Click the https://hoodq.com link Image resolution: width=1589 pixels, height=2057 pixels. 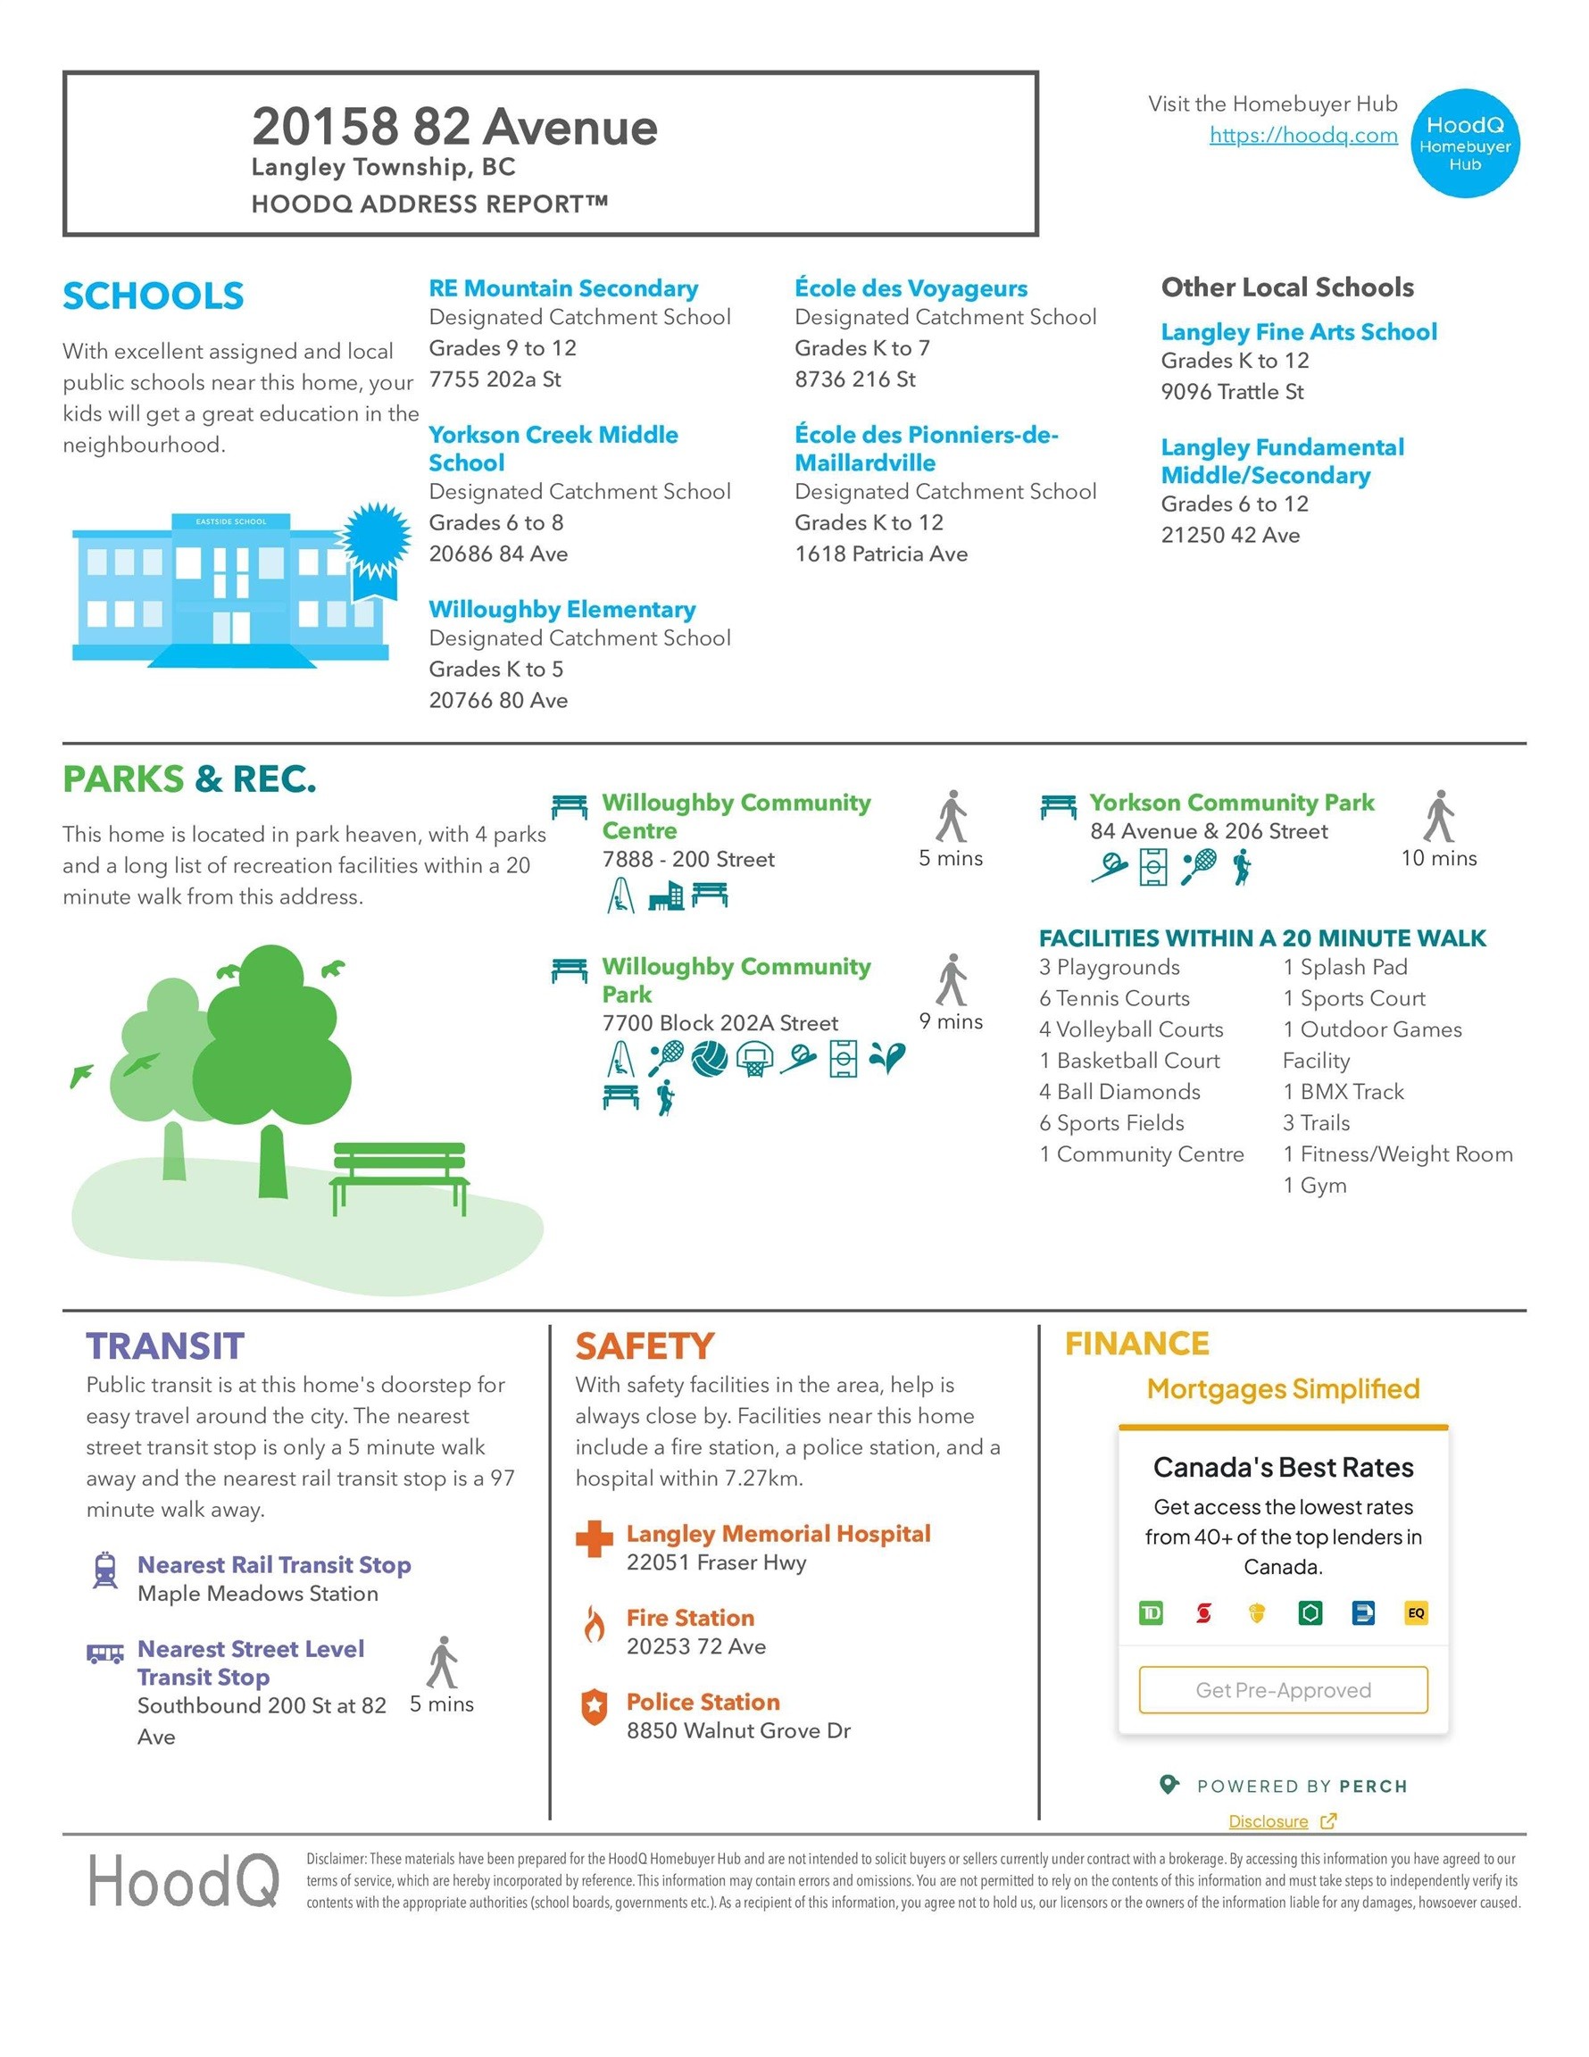[1302, 136]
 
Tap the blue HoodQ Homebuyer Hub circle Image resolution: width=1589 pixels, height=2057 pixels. [1465, 143]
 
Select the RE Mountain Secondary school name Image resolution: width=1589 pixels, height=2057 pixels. [563, 288]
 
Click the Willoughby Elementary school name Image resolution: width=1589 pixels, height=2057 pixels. [562, 610]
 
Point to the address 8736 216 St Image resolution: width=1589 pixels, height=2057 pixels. [854, 379]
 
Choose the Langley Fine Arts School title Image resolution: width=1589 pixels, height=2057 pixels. [1298, 331]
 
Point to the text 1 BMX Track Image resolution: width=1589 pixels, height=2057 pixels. [1343, 1092]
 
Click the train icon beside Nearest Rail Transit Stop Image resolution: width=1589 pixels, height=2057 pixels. [104, 1570]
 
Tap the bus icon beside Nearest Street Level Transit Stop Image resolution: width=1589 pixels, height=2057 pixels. [104, 1653]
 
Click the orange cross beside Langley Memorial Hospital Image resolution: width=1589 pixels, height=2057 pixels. [594, 1539]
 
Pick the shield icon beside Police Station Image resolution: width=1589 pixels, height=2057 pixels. [594, 1707]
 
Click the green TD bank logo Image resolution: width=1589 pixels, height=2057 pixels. [1150, 1613]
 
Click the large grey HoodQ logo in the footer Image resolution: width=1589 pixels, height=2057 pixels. [184, 1881]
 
